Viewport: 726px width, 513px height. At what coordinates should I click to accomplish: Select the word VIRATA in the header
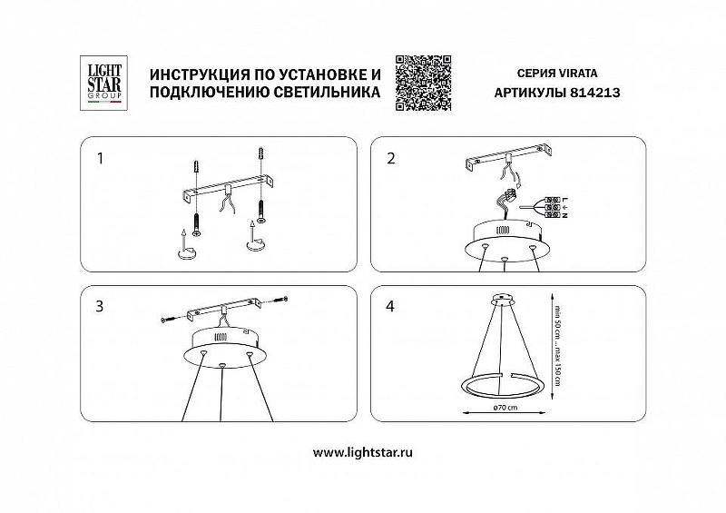(584, 72)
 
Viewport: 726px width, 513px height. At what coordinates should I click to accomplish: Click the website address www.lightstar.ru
(362, 452)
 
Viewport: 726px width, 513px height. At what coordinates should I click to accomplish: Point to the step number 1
(100, 159)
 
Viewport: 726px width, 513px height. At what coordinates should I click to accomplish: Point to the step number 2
(391, 159)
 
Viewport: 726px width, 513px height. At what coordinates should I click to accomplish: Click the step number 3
(100, 306)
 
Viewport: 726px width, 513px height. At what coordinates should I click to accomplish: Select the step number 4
(391, 306)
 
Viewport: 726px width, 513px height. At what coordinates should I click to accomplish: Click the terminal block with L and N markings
(548, 208)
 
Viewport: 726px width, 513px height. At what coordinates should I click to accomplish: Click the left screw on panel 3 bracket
(165, 319)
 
